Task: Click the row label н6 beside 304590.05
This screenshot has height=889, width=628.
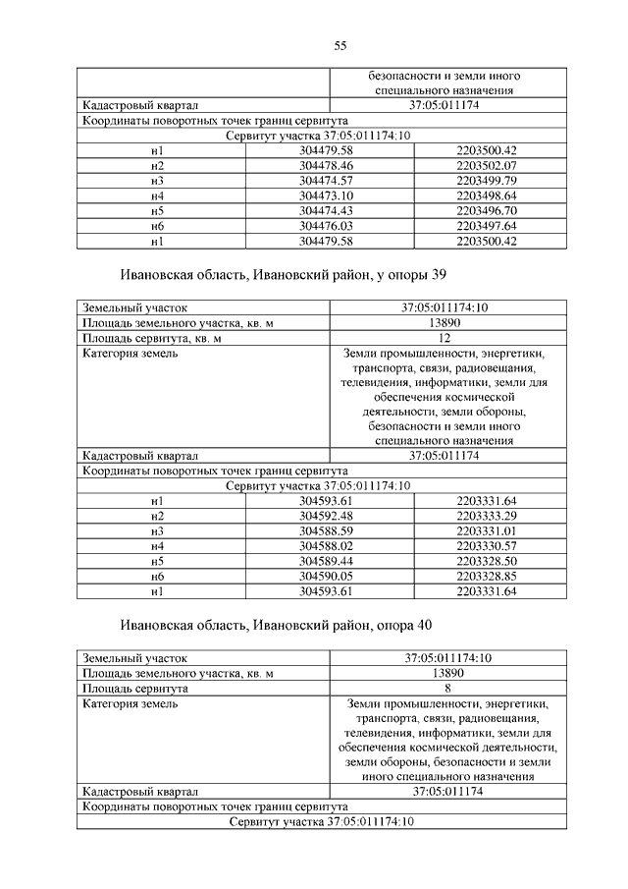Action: pos(157,576)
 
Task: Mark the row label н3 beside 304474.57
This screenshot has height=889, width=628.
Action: pos(157,181)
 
